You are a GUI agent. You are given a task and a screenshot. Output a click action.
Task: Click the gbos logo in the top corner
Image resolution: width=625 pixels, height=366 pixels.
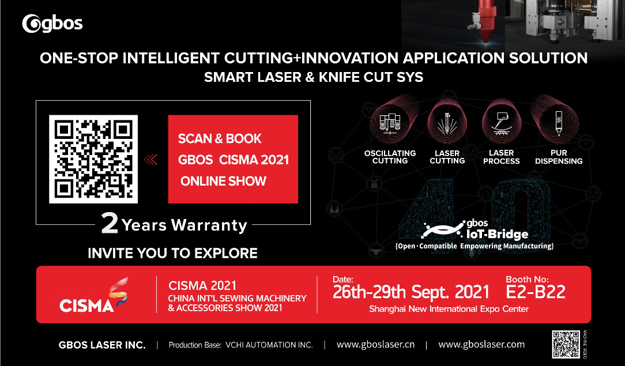click(52, 24)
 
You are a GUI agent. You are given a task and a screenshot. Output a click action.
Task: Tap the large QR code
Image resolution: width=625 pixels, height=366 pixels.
click(93, 159)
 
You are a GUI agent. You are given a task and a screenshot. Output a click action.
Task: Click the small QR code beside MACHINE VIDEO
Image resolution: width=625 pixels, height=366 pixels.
click(566, 344)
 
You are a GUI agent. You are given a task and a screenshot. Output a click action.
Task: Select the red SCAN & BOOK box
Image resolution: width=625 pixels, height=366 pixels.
click(233, 159)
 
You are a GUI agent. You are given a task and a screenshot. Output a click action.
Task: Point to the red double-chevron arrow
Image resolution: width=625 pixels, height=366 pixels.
click(150, 160)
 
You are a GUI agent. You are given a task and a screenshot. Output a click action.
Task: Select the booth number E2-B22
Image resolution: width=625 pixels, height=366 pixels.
click(535, 292)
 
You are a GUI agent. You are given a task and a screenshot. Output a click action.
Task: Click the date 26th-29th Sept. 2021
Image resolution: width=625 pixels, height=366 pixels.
click(411, 292)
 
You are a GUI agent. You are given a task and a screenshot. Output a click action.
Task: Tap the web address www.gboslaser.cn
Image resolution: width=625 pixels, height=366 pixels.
click(375, 345)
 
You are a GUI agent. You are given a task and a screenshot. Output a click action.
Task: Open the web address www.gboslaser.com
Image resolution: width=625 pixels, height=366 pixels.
click(481, 345)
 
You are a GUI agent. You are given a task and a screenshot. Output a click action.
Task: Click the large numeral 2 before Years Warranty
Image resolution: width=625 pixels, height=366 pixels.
click(110, 223)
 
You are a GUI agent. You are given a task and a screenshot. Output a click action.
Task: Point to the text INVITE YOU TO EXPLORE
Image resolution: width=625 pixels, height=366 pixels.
click(172, 253)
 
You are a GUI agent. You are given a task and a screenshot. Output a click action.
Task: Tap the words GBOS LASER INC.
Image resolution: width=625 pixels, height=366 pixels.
click(102, 345)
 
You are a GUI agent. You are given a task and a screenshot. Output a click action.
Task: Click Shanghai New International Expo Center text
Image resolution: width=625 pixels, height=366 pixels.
click(449, 309)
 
